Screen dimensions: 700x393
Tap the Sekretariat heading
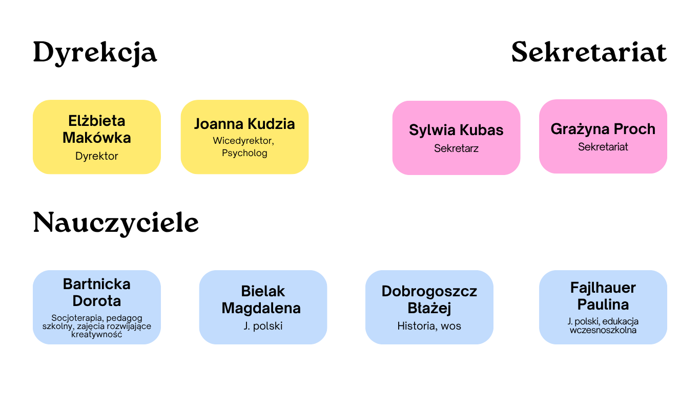click(x=589, y=52)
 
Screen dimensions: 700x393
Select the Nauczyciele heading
click(x=116, y=223)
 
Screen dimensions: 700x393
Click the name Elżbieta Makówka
click(x=96, y=129)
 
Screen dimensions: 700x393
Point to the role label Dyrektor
click(x=96, y=156)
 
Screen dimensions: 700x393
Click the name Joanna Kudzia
click(x=244, y=124)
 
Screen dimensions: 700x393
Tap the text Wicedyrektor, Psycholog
click(x=244, y=147)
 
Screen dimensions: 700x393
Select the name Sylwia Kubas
click(x=456, y=130)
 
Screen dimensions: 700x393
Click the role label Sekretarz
click(x=456, y=148)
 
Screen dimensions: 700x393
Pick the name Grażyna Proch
click(x=603, y=129)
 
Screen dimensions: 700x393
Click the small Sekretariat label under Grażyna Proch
click(x=603, y=147)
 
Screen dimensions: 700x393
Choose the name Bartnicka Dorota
click(x=96, y=293)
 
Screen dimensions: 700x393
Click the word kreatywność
click(x=96, y=334)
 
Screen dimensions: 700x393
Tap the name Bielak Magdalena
click(x=261, y=300)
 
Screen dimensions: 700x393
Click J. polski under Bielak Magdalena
click(x=263, y=326)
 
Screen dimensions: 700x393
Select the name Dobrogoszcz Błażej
click(x=429, y=300)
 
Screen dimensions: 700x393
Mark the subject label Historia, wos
click(x=429, y=326)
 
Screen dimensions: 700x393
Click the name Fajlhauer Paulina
click(x=603, y=296)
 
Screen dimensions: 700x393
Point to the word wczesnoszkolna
click(x=603, y=330)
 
